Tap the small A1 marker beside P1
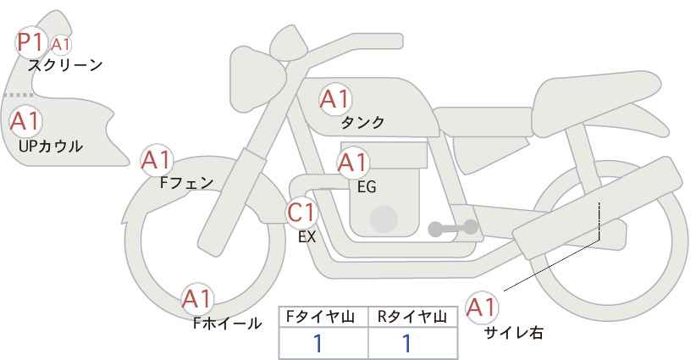coord(61,45)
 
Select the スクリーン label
coord(65,66)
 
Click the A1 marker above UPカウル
coord(25,121)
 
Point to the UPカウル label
coord(51,146)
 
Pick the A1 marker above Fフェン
coord(157,160)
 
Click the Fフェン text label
coord(186,182)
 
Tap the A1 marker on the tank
coord(335,99)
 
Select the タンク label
coord(362,123)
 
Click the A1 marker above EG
coord(353,163)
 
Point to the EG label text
coord(367,187)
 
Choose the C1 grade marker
coord(301,213)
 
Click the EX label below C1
coord(307,237)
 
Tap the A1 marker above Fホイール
coord(197,299)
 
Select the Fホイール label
coord(227,324)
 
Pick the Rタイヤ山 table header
coord(412,317)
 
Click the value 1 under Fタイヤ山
coord(318,344)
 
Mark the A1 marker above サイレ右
coord(482,307)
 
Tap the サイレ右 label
coord(514,333)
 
